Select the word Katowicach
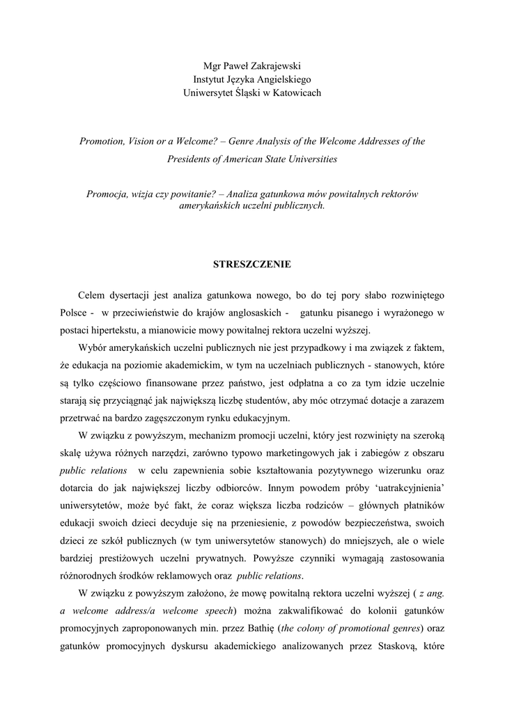(x=295, y=93)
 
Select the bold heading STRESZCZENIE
(x=251, y=265)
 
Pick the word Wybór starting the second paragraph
(x=93, y=346)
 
